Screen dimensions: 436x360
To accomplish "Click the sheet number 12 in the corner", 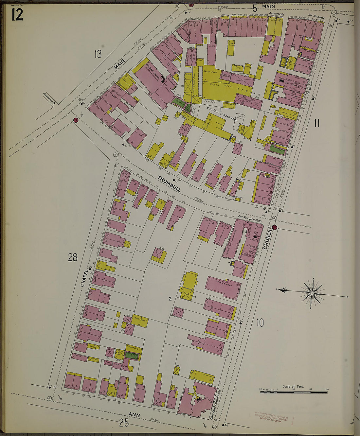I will click(x=17, y=14).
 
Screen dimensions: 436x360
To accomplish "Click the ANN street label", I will click(x=135, y=415).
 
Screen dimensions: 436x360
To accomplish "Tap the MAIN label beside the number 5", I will click(x=268, y=6).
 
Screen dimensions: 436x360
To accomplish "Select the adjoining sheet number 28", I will click(x=73, y=258).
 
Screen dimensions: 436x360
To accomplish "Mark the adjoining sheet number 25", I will click(x=124, y=423).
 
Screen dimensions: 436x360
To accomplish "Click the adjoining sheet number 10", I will click(x=260, y=323).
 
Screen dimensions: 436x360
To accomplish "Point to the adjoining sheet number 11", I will click(x=316, y=123).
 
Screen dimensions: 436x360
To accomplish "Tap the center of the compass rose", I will click(x=312, y=293).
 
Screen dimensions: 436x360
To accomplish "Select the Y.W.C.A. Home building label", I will click(x=224, y=284).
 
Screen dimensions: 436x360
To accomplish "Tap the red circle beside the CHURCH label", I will click(x=275, y=228).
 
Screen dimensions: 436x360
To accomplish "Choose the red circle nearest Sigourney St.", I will click(x=76, y=120).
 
